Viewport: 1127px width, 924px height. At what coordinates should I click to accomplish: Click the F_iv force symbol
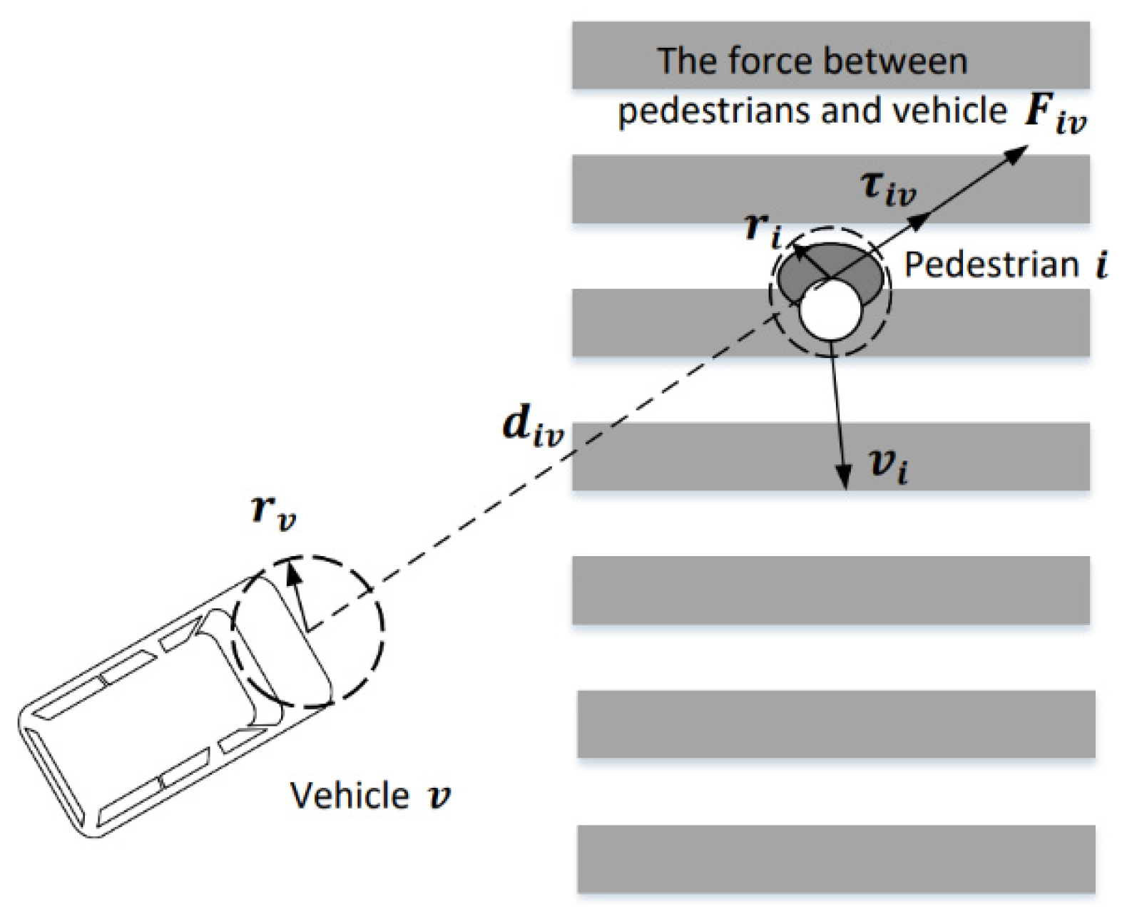coord(1054,114)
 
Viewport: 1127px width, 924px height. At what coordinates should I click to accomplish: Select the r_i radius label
coord(762,230)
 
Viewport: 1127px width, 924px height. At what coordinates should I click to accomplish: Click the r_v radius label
coord(273,512)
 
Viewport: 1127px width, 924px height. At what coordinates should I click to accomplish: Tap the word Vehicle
coord(349,795)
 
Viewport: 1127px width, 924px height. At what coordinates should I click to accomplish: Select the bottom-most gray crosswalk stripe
coord(835,858)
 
